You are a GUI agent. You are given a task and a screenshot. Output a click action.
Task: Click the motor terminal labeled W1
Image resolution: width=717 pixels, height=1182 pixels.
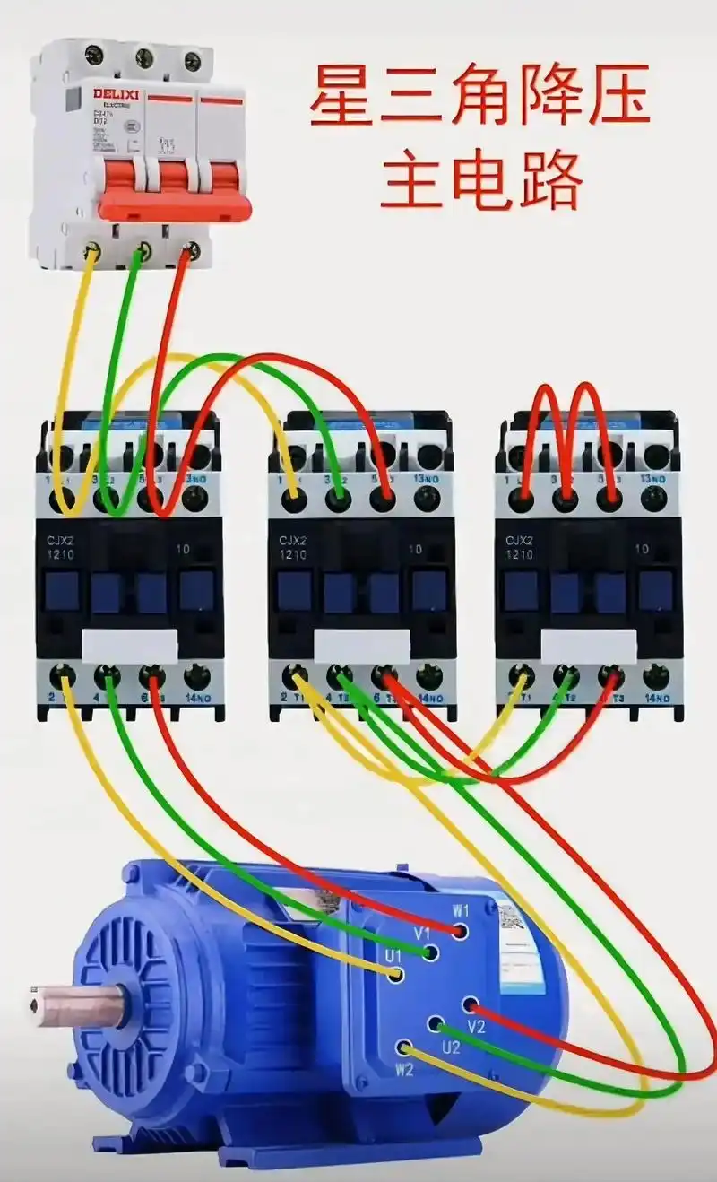coord(460,931)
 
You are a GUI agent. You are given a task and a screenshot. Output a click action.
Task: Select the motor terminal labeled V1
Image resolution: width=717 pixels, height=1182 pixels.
coord(432,952)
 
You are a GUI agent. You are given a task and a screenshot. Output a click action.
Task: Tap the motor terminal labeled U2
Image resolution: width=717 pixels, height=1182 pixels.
coord(436,1023)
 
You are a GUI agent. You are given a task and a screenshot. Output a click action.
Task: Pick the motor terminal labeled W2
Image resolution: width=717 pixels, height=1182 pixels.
coord(405,1047)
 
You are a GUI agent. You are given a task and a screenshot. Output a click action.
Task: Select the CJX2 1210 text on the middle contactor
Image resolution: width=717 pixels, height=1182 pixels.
coord(292,548)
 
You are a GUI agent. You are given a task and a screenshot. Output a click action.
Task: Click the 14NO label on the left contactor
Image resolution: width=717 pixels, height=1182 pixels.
coord(198,696)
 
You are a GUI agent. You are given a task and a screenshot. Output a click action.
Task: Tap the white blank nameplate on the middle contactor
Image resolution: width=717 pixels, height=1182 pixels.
coord(362,645)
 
